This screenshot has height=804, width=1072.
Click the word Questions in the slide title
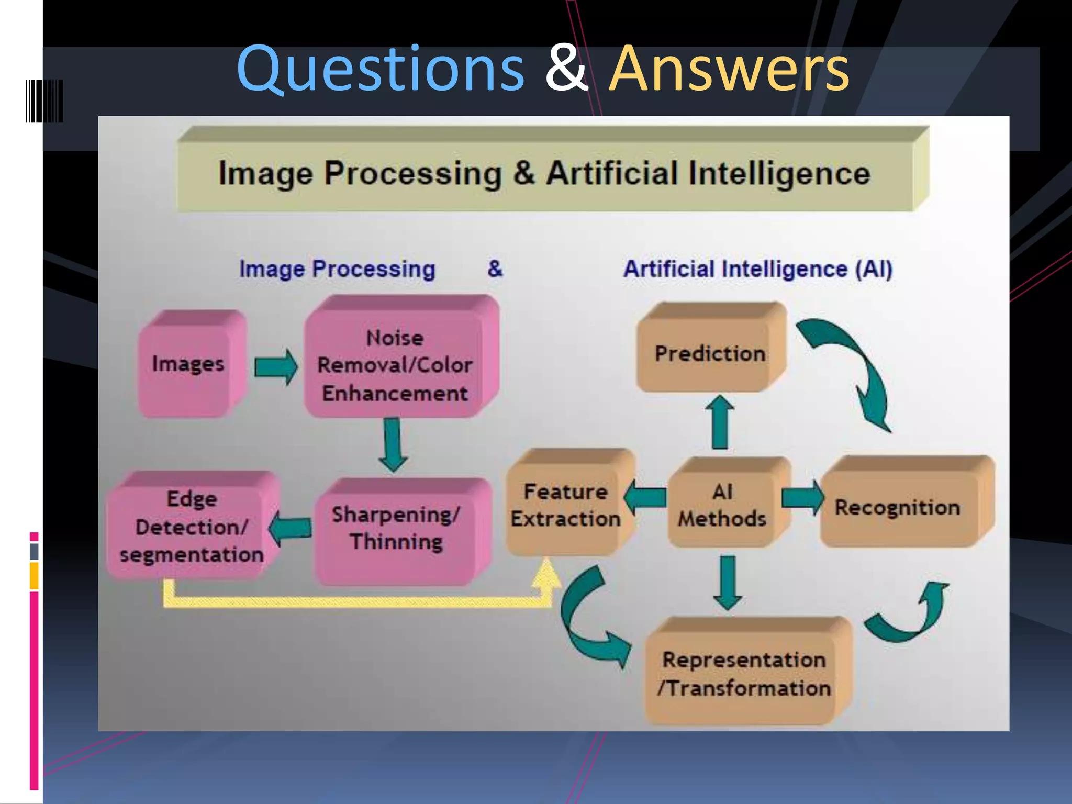point(380,69)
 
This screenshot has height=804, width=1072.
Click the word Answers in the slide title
point(729,69)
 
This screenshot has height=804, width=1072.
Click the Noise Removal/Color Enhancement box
point(395,365)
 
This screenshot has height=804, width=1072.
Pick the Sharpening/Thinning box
point(396,529)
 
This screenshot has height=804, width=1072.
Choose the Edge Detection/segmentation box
point(191,527)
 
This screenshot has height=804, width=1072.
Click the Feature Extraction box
point(566,505)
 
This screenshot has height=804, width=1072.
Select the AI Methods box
point(722,505)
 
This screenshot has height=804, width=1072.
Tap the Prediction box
point(710,353)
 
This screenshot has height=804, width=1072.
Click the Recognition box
point(898,507)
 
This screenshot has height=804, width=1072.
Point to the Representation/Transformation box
point(744,674)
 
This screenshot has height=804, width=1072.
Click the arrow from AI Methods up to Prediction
point(720,422)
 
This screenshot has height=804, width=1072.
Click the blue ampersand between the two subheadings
point(495,269)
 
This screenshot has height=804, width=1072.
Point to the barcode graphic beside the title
point(44,101)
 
